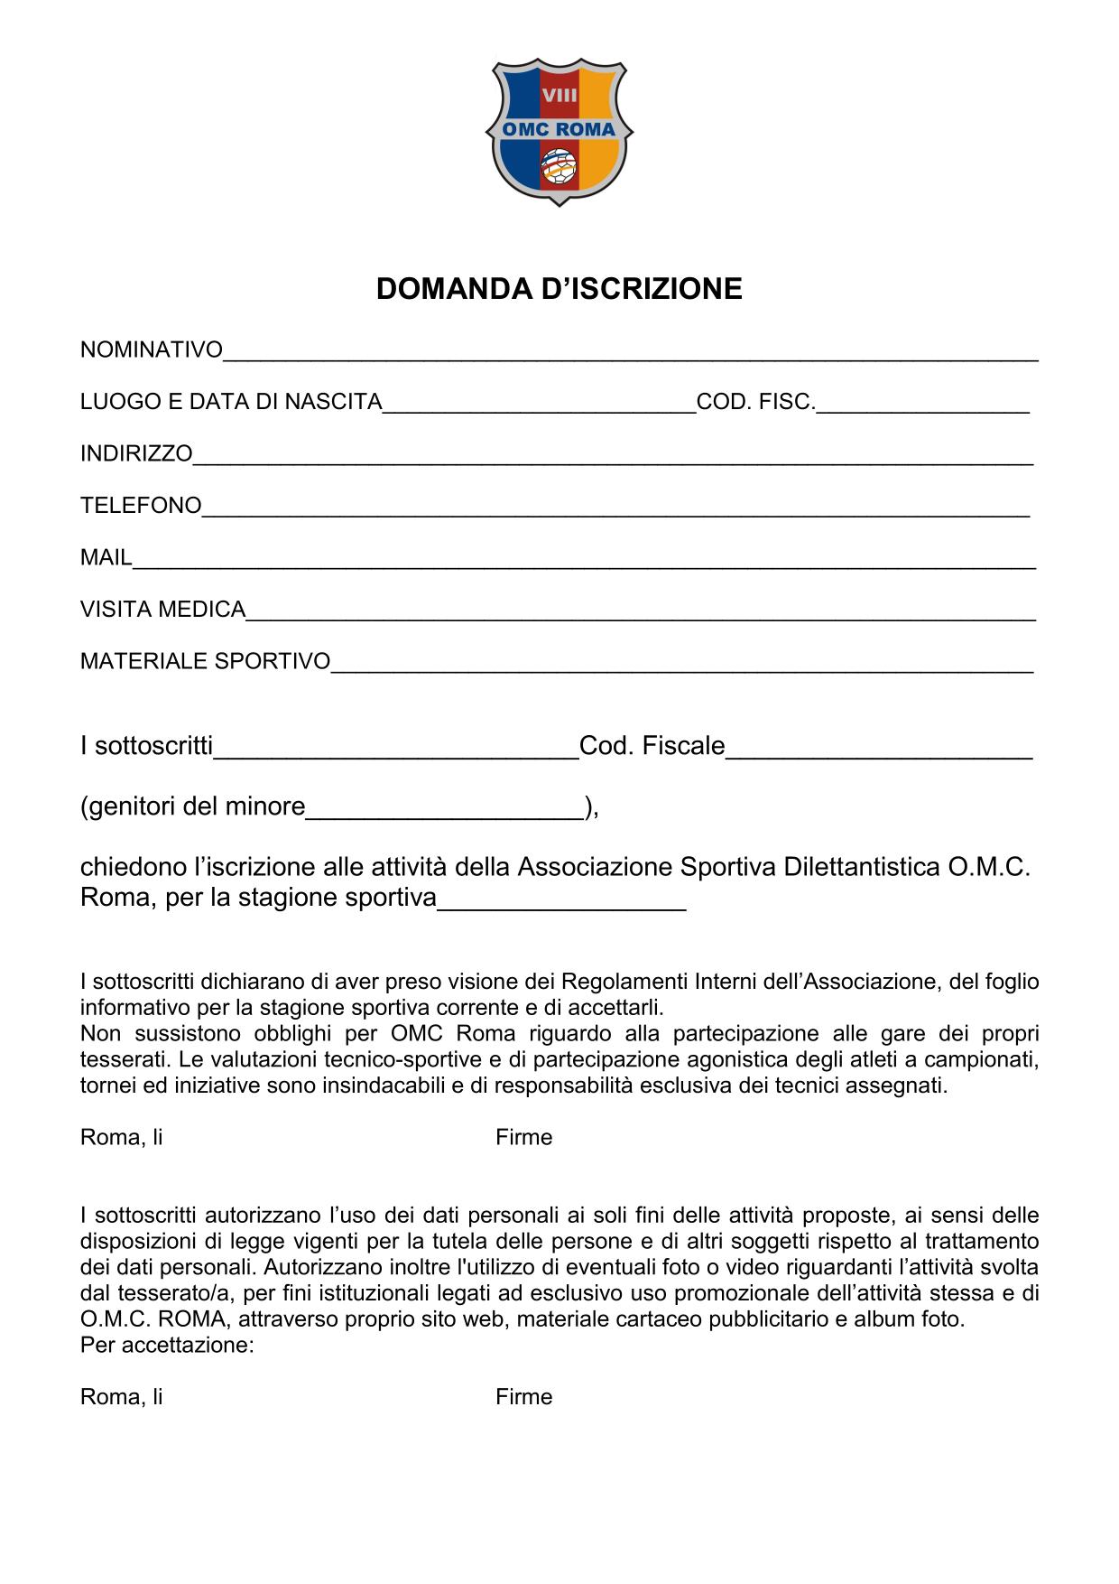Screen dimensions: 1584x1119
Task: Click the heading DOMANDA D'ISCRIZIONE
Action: click(559, 289)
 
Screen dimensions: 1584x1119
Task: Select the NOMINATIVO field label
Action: click(152, 350)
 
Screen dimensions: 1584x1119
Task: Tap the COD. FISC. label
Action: click(755, 402)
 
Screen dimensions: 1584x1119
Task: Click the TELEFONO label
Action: click(141, 506)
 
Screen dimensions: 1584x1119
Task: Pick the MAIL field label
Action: click(106, 558)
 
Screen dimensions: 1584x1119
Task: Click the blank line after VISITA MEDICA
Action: click(641, 611)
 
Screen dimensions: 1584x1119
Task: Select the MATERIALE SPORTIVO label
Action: click(206, 662)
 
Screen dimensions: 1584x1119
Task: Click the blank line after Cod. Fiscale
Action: click(879, 750)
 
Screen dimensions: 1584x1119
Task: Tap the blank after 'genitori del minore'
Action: click(445, 809)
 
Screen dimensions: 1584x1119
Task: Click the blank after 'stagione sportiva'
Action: click(561, 902)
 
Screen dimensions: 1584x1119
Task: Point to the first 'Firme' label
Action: click(523, 1138)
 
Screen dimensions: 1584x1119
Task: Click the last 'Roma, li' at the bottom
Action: click(122, 1398)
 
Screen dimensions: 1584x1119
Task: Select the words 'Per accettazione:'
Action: click(167, 1346)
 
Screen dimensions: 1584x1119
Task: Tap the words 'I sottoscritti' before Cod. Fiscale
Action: click(146, 747)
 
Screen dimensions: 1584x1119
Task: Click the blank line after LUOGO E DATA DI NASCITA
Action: click(540, 404)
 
